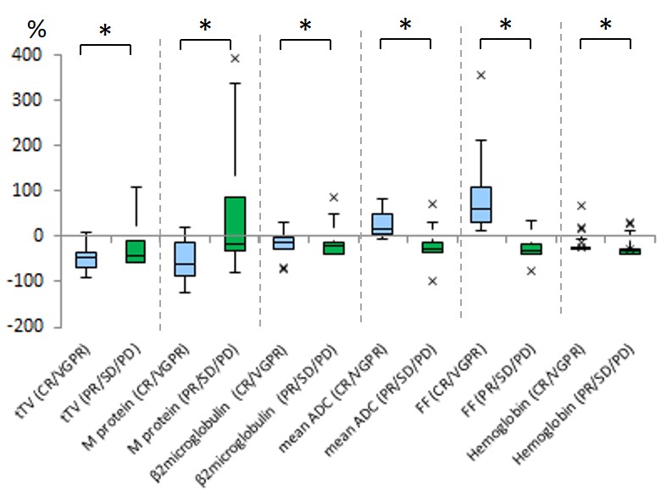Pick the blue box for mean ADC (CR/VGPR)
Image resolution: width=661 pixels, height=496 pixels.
click(381, 223)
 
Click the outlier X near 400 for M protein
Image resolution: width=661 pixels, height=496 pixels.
click(235, 59)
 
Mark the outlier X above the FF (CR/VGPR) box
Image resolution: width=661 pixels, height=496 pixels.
click(481, 75)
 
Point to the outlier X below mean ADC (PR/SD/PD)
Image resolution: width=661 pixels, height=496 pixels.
click(432, 281)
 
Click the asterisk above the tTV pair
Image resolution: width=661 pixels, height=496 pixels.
click(105, 31)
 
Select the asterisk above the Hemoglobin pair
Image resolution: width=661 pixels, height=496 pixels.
click(605, 25)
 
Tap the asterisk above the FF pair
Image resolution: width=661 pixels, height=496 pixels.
click(505, 25)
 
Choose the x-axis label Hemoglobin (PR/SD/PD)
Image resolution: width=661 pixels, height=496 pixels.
click(593, 403)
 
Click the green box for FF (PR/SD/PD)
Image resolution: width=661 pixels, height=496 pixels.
click(531, 248)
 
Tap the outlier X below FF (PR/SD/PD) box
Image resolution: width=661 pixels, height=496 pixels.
click(531, 271)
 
